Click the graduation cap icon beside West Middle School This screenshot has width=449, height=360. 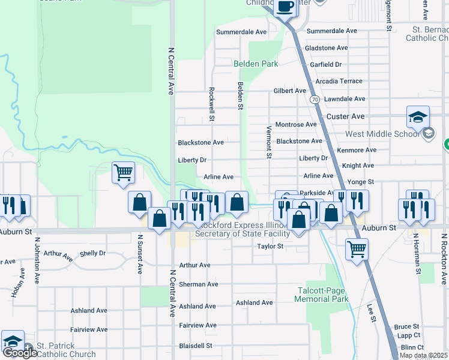tap(418, 117)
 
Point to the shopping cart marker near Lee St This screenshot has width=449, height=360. tap(357, 248)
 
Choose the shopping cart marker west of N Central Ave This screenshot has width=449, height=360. tap(123, 173)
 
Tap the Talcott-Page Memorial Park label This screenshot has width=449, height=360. tap(323, 295)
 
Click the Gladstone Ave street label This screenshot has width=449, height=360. tap(326, 48)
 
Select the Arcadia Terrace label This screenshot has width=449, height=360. tap(343, 81)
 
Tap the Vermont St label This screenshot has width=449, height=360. tap(268, 143)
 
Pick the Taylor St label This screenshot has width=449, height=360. tap(270, 246)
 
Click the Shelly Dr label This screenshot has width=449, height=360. tap(92, 253)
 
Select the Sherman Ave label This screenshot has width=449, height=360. tap(198, 284)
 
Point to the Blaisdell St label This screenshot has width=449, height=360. tap(196, 346)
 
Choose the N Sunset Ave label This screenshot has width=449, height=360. tap(139, 254)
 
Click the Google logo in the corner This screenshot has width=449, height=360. tap(19, 353)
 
